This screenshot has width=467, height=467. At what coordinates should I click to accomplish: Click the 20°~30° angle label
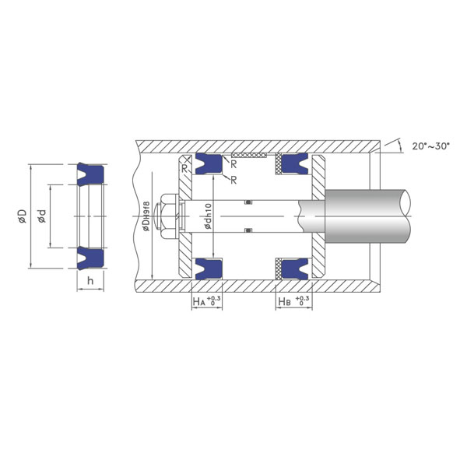430,146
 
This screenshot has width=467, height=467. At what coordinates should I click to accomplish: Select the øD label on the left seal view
23,216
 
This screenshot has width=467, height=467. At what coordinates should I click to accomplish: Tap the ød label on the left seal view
42,216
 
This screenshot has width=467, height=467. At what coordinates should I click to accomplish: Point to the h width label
90,280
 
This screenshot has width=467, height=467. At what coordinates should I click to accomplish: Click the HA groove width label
207,301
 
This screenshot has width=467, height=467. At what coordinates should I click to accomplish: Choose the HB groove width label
294,301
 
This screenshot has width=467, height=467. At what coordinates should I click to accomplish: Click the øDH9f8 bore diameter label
146,216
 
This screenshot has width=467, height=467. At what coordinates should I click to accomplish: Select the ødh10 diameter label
208,216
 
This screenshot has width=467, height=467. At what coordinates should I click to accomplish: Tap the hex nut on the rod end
168,216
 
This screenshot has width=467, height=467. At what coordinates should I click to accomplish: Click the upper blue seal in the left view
90,174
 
